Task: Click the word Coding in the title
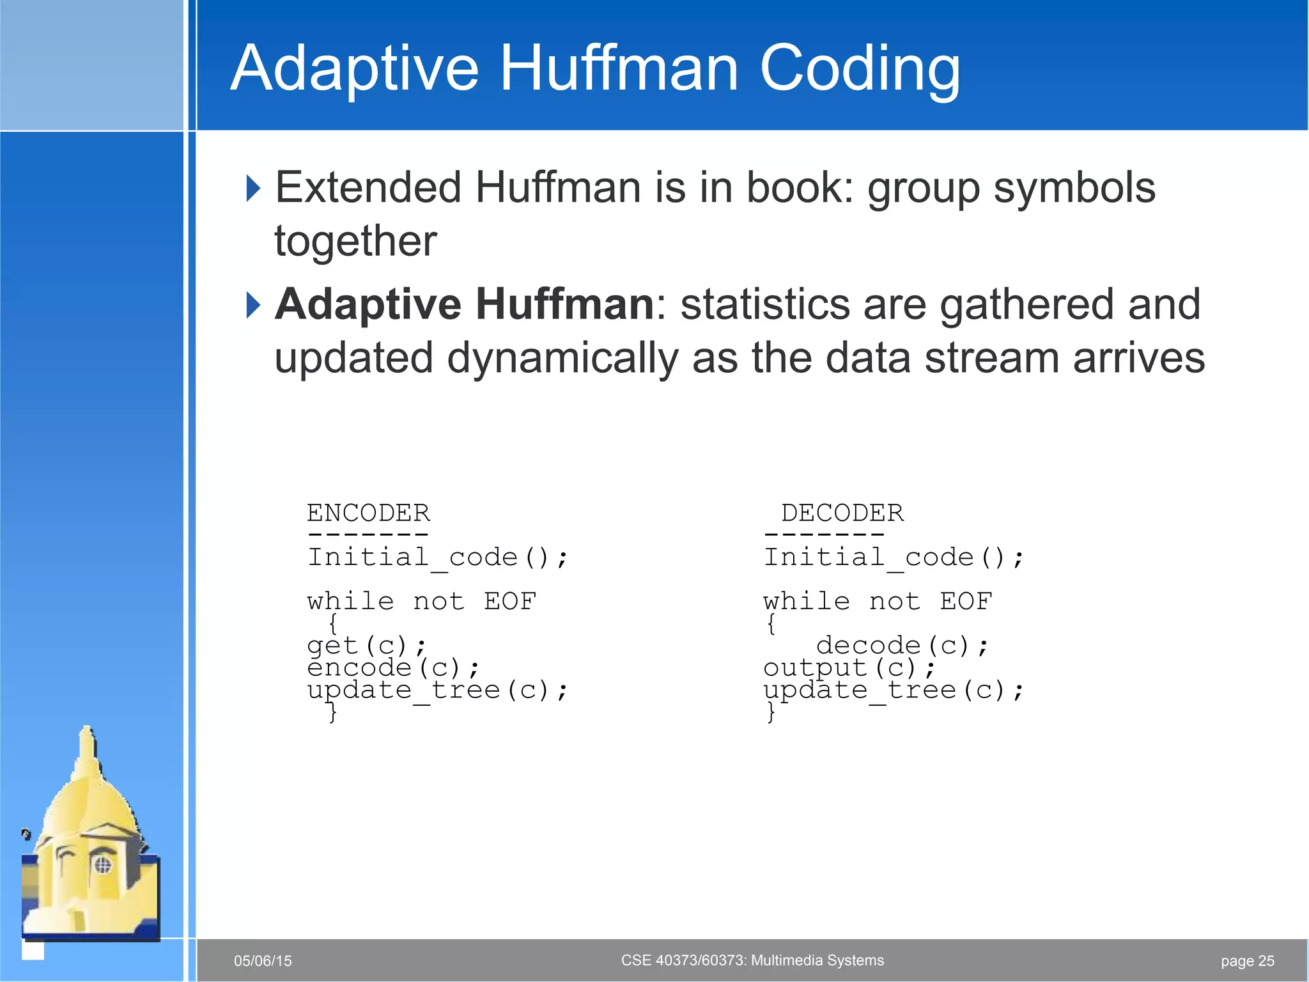point(860,69)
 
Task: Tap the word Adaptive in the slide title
point(355,69)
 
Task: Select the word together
point(355,241)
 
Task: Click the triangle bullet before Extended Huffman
point(253,189)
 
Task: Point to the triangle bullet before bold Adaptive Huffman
point(253,305)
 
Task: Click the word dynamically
point(562,357)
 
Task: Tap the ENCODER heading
point(368,513)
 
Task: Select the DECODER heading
point(842,513)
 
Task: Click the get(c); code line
point(366,646)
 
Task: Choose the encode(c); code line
point(393,668)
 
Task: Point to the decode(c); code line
point(902,646)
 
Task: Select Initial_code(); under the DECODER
point(894,557)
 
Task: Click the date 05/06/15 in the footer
point(263,961)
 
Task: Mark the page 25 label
point(1247,961)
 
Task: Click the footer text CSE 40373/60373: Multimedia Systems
point(752,960)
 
